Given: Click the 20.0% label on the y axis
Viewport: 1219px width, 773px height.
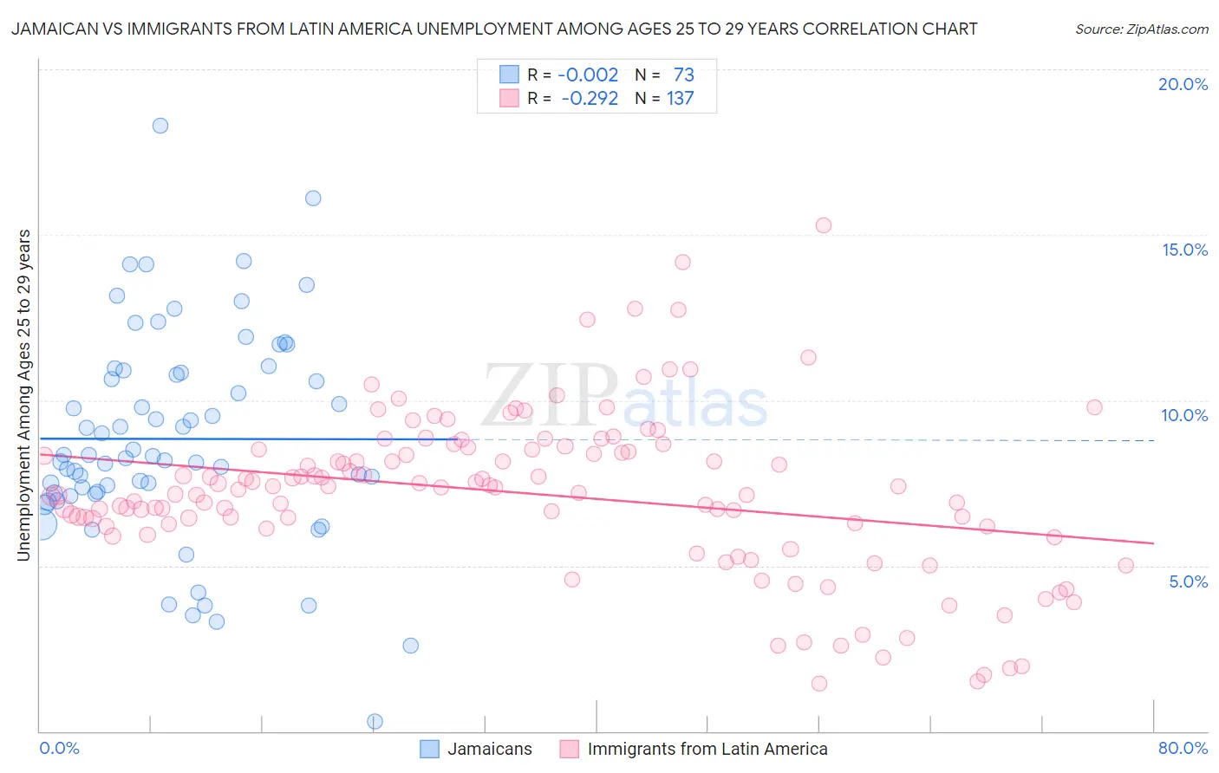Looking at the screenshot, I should tap(1183, 84).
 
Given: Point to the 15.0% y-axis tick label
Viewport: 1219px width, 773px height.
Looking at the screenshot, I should tap(1184, 250).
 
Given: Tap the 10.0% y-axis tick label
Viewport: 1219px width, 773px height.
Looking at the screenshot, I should tap(1184, 415).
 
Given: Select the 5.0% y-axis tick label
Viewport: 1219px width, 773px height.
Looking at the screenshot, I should tap(1188, 581).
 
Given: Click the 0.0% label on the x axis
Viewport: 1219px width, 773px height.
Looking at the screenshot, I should tap(59, 748).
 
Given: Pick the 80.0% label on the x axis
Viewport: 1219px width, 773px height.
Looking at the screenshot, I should tap(1183, 748).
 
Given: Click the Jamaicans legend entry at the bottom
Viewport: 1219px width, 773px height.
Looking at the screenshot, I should tap(489, 749).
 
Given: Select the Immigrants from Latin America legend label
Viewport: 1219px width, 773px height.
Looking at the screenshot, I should tap(707, 749).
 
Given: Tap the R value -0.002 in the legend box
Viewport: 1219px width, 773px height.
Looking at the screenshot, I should tap(588, 75).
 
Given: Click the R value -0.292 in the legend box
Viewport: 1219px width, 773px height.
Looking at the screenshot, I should tap(590, 98).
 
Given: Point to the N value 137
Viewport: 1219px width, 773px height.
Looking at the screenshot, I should tap(680, 98).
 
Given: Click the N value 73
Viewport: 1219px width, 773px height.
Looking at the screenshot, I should tap(683, 75).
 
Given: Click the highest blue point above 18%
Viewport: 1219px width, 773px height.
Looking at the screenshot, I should tap(160, 126).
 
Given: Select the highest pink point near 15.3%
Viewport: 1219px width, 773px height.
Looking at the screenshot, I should tap(823, 225).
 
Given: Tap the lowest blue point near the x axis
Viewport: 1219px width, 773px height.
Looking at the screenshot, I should tap(375, 721).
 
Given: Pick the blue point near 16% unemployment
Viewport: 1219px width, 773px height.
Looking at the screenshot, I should tap(313, 198).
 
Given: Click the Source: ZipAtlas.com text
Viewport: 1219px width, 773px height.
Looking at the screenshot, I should tap(1141, 29).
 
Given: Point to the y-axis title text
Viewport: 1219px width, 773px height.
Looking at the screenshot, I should tap(24, 395).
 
